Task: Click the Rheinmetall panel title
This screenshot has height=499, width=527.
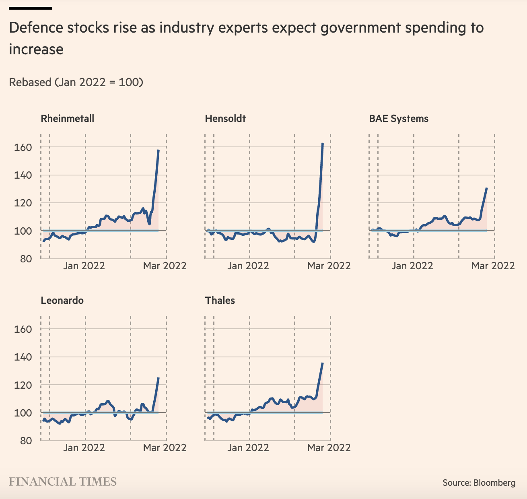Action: (x=68, y=119)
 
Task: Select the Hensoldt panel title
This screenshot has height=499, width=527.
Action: (x=225, y=119)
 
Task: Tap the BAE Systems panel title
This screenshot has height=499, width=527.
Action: (x=399, y=119)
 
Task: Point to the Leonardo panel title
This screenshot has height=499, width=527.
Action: (x=62, y=301)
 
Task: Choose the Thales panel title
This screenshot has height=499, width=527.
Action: (x=220, y=301)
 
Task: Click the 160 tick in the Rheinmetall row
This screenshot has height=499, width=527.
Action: (x=23, y=147)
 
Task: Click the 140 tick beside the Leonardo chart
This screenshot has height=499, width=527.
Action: (x=23, y=357)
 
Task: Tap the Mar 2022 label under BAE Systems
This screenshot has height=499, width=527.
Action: (x=493, y=266)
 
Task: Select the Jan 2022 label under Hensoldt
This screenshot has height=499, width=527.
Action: (x=248, y=266)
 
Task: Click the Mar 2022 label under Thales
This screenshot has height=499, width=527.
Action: (x=329, y=447)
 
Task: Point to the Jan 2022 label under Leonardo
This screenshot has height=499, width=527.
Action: (x=84, y=447)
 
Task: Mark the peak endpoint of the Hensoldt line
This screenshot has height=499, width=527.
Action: (x=323, y=143)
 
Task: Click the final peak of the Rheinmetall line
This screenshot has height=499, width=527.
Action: (x=159, y=150)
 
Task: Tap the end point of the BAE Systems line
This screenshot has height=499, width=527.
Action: (x=487, y=188)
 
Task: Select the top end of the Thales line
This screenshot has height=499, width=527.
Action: (x=323, y=363)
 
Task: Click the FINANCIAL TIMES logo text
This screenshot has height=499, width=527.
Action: (x=63, y=482)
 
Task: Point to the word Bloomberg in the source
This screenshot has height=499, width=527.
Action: (x=494, y=483)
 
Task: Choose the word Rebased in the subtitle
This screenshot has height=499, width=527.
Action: (x=30, y=82)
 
